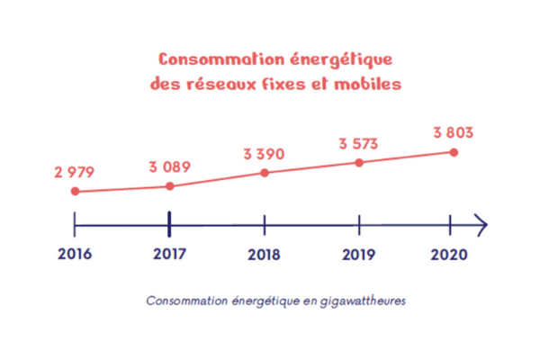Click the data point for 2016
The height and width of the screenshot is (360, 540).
[75, 192]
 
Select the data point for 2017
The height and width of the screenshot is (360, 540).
[169, 186]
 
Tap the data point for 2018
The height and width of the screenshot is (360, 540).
[265, 171]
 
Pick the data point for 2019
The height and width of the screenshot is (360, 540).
[359, 163]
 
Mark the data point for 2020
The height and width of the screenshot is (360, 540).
[454, 152]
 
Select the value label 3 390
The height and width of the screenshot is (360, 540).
[264, 154]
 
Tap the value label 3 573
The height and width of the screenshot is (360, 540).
[359, 143]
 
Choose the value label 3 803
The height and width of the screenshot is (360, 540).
[453, 132]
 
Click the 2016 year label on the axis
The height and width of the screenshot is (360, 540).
[75, 255]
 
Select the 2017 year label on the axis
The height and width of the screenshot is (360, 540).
[169, 255]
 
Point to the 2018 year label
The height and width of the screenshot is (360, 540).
[264, 255]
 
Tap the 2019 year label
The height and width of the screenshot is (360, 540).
[359, 255]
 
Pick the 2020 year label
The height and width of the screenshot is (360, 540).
[450, 255]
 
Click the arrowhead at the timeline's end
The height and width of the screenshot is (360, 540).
[482, 222]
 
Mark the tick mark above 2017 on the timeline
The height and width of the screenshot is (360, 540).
[169, 222]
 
